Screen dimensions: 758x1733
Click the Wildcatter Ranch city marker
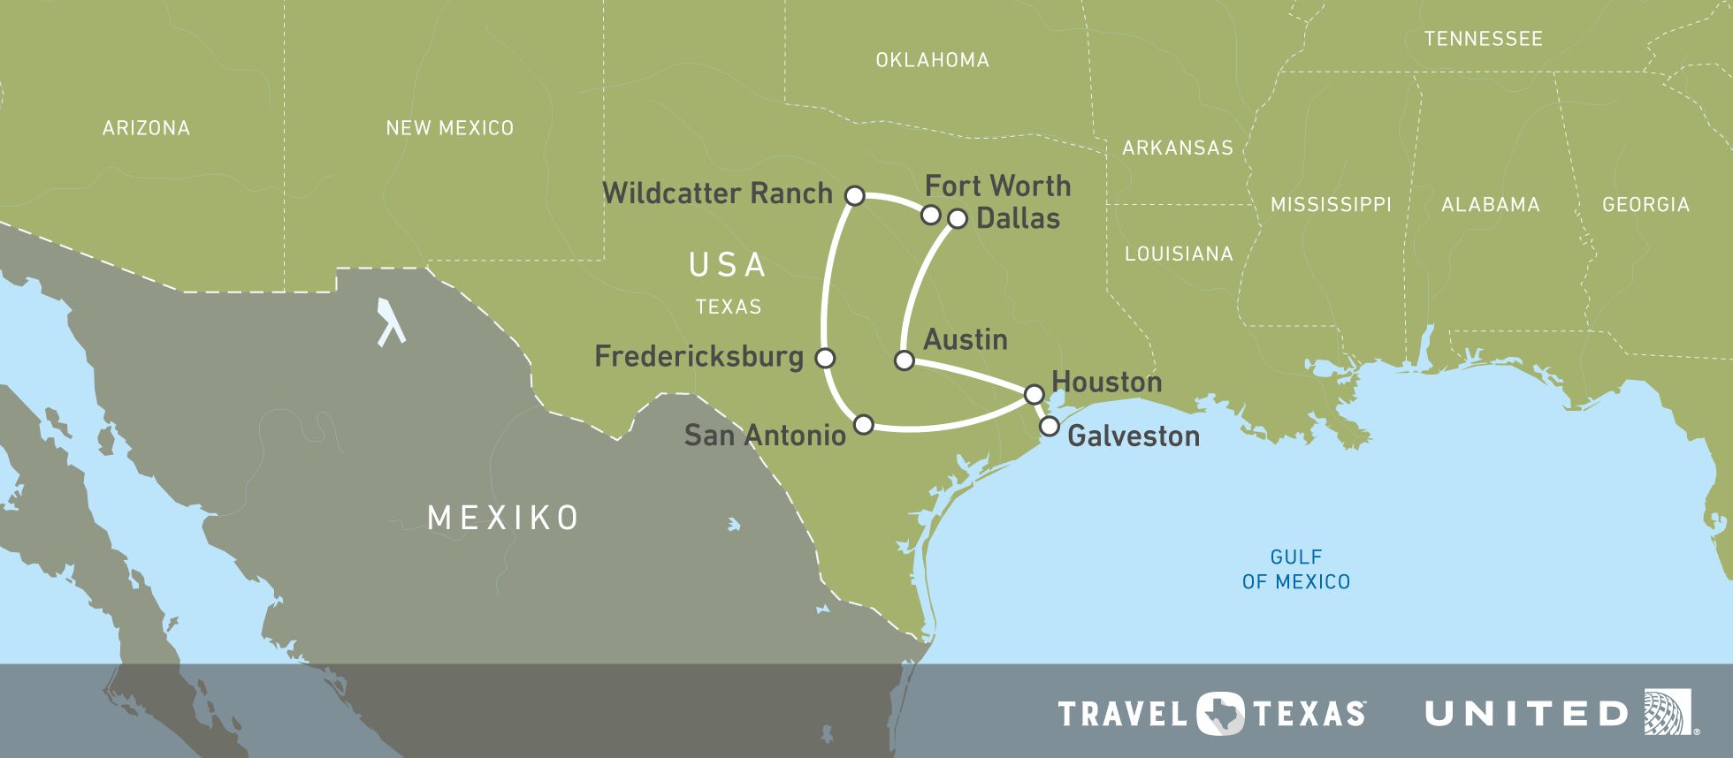point(854,195)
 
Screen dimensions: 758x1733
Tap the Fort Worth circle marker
point(930,215)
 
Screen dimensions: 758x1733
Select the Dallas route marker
point(958,218)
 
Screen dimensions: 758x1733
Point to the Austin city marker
point(905,360)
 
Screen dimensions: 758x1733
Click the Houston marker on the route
point(1034,394)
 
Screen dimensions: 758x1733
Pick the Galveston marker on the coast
point(1049,427)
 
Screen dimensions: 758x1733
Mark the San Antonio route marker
point(864,425)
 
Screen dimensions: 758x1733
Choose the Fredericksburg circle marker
point(825,358)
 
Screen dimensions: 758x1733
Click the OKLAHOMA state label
point(932,60)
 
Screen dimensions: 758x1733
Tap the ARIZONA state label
point(146,128)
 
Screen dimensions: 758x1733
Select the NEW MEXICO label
point(449,128)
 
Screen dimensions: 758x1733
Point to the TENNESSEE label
point(1483,39)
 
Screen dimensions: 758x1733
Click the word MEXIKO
point(503,518)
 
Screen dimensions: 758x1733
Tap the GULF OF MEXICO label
point(1296,569)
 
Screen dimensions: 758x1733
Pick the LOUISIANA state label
point(1178,254)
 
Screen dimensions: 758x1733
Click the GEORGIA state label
point(1645,205)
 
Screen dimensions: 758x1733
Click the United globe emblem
point(1667,712)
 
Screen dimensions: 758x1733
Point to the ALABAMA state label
point(1490,205)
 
